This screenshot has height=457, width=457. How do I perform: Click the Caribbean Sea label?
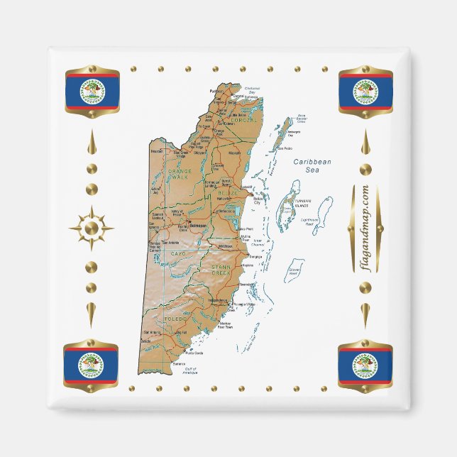click(x=313, y=166)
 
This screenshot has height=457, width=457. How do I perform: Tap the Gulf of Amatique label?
click(x=191, y=371)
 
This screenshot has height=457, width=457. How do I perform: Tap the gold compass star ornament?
click(x=91, y=228)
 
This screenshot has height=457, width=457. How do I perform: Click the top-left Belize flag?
click(x=92, y=91)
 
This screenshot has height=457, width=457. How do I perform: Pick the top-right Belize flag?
click(x=365, y=91)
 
